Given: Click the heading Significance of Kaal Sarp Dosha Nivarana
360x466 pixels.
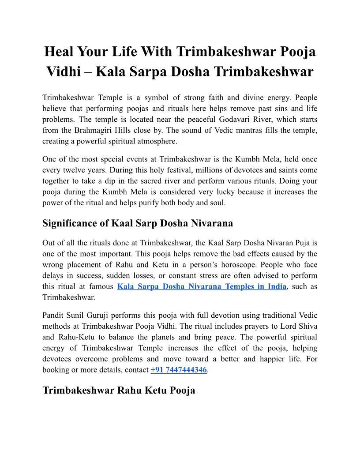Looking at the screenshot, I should tap(138, 223).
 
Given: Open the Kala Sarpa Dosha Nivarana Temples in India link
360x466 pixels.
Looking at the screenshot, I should tap(202, 286).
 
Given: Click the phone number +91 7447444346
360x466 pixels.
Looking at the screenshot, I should tap(179, 370).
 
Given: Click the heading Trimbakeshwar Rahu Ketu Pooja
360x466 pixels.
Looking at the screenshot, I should tap(119, 391).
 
